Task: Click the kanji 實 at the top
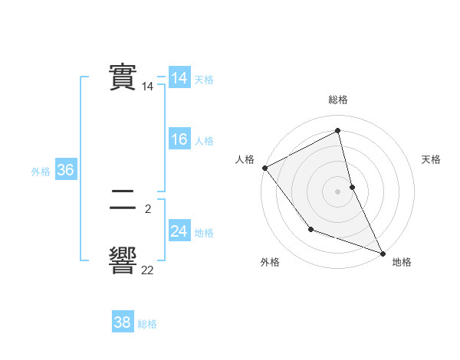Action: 123,77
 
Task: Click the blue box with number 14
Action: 179,78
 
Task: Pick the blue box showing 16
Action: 179,139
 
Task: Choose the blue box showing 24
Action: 179,231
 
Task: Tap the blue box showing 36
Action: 65,170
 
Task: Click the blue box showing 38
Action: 122,322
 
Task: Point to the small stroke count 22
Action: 147,270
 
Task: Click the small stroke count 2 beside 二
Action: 147,208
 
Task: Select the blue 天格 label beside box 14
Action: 204,80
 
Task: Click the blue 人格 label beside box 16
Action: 204,141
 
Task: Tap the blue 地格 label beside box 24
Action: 204,233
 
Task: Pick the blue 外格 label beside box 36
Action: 41,172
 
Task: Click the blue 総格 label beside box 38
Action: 147,324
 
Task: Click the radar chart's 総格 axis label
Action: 338,100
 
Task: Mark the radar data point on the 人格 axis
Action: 264,168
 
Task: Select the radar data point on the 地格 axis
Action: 382,253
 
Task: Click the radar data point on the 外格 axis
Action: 310,229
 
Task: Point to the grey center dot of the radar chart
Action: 338,191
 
